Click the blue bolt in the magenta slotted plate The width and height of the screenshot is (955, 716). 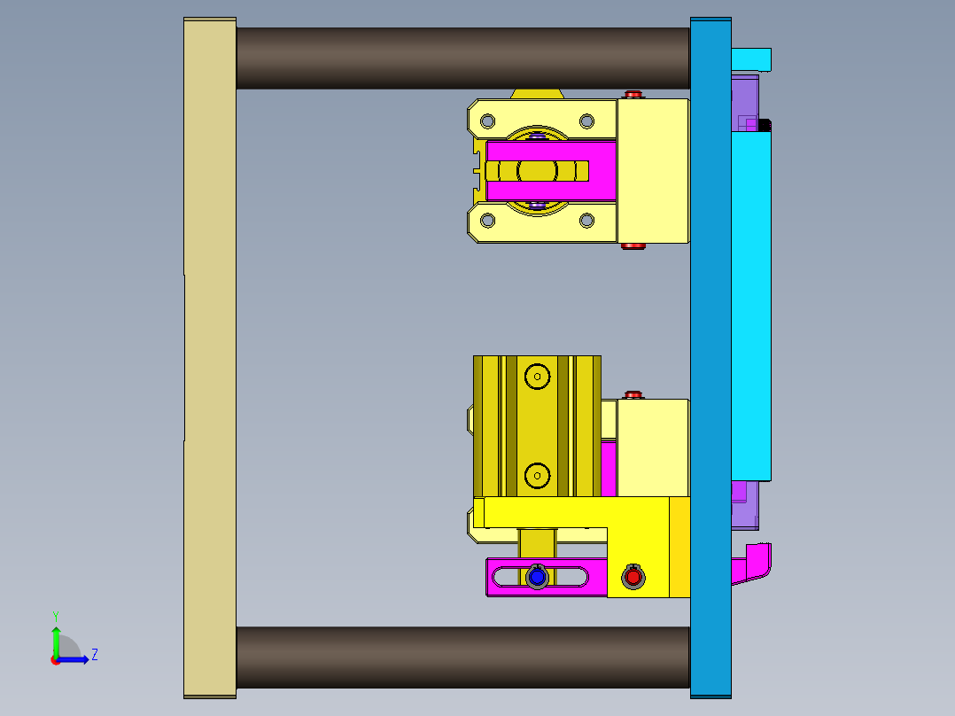click(x=536, y=578)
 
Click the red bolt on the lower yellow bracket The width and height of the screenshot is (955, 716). click(x=633, y=577)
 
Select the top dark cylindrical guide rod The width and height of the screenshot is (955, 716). click(x=462, y=58)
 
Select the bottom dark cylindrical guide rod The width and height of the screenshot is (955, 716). click(x=462, y=658)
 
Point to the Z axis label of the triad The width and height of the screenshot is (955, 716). click(x=95, y=655)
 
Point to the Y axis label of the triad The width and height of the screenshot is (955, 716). click(x=55, y=616)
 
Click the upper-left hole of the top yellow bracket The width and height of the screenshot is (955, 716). click(x=486, y=121)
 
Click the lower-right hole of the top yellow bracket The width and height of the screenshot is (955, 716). click(x=586, y=221)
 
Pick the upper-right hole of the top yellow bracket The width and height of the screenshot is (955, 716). click(x=586, y=121)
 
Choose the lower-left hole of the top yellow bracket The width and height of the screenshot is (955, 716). click(x=486, y=221)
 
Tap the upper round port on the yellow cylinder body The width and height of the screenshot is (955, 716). click(x=536, y=377)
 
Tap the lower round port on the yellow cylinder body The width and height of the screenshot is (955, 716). click(x=536, y=477)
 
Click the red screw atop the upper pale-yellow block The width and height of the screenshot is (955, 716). click(x=633, y=94)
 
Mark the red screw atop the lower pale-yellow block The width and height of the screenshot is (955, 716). click(x=633, y=394)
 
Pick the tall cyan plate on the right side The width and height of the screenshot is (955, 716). click(x=751, y=301)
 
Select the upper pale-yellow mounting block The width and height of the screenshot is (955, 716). click(x=653, y=170)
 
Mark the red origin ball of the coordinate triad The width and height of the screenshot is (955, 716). click(x=56, y=660)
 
